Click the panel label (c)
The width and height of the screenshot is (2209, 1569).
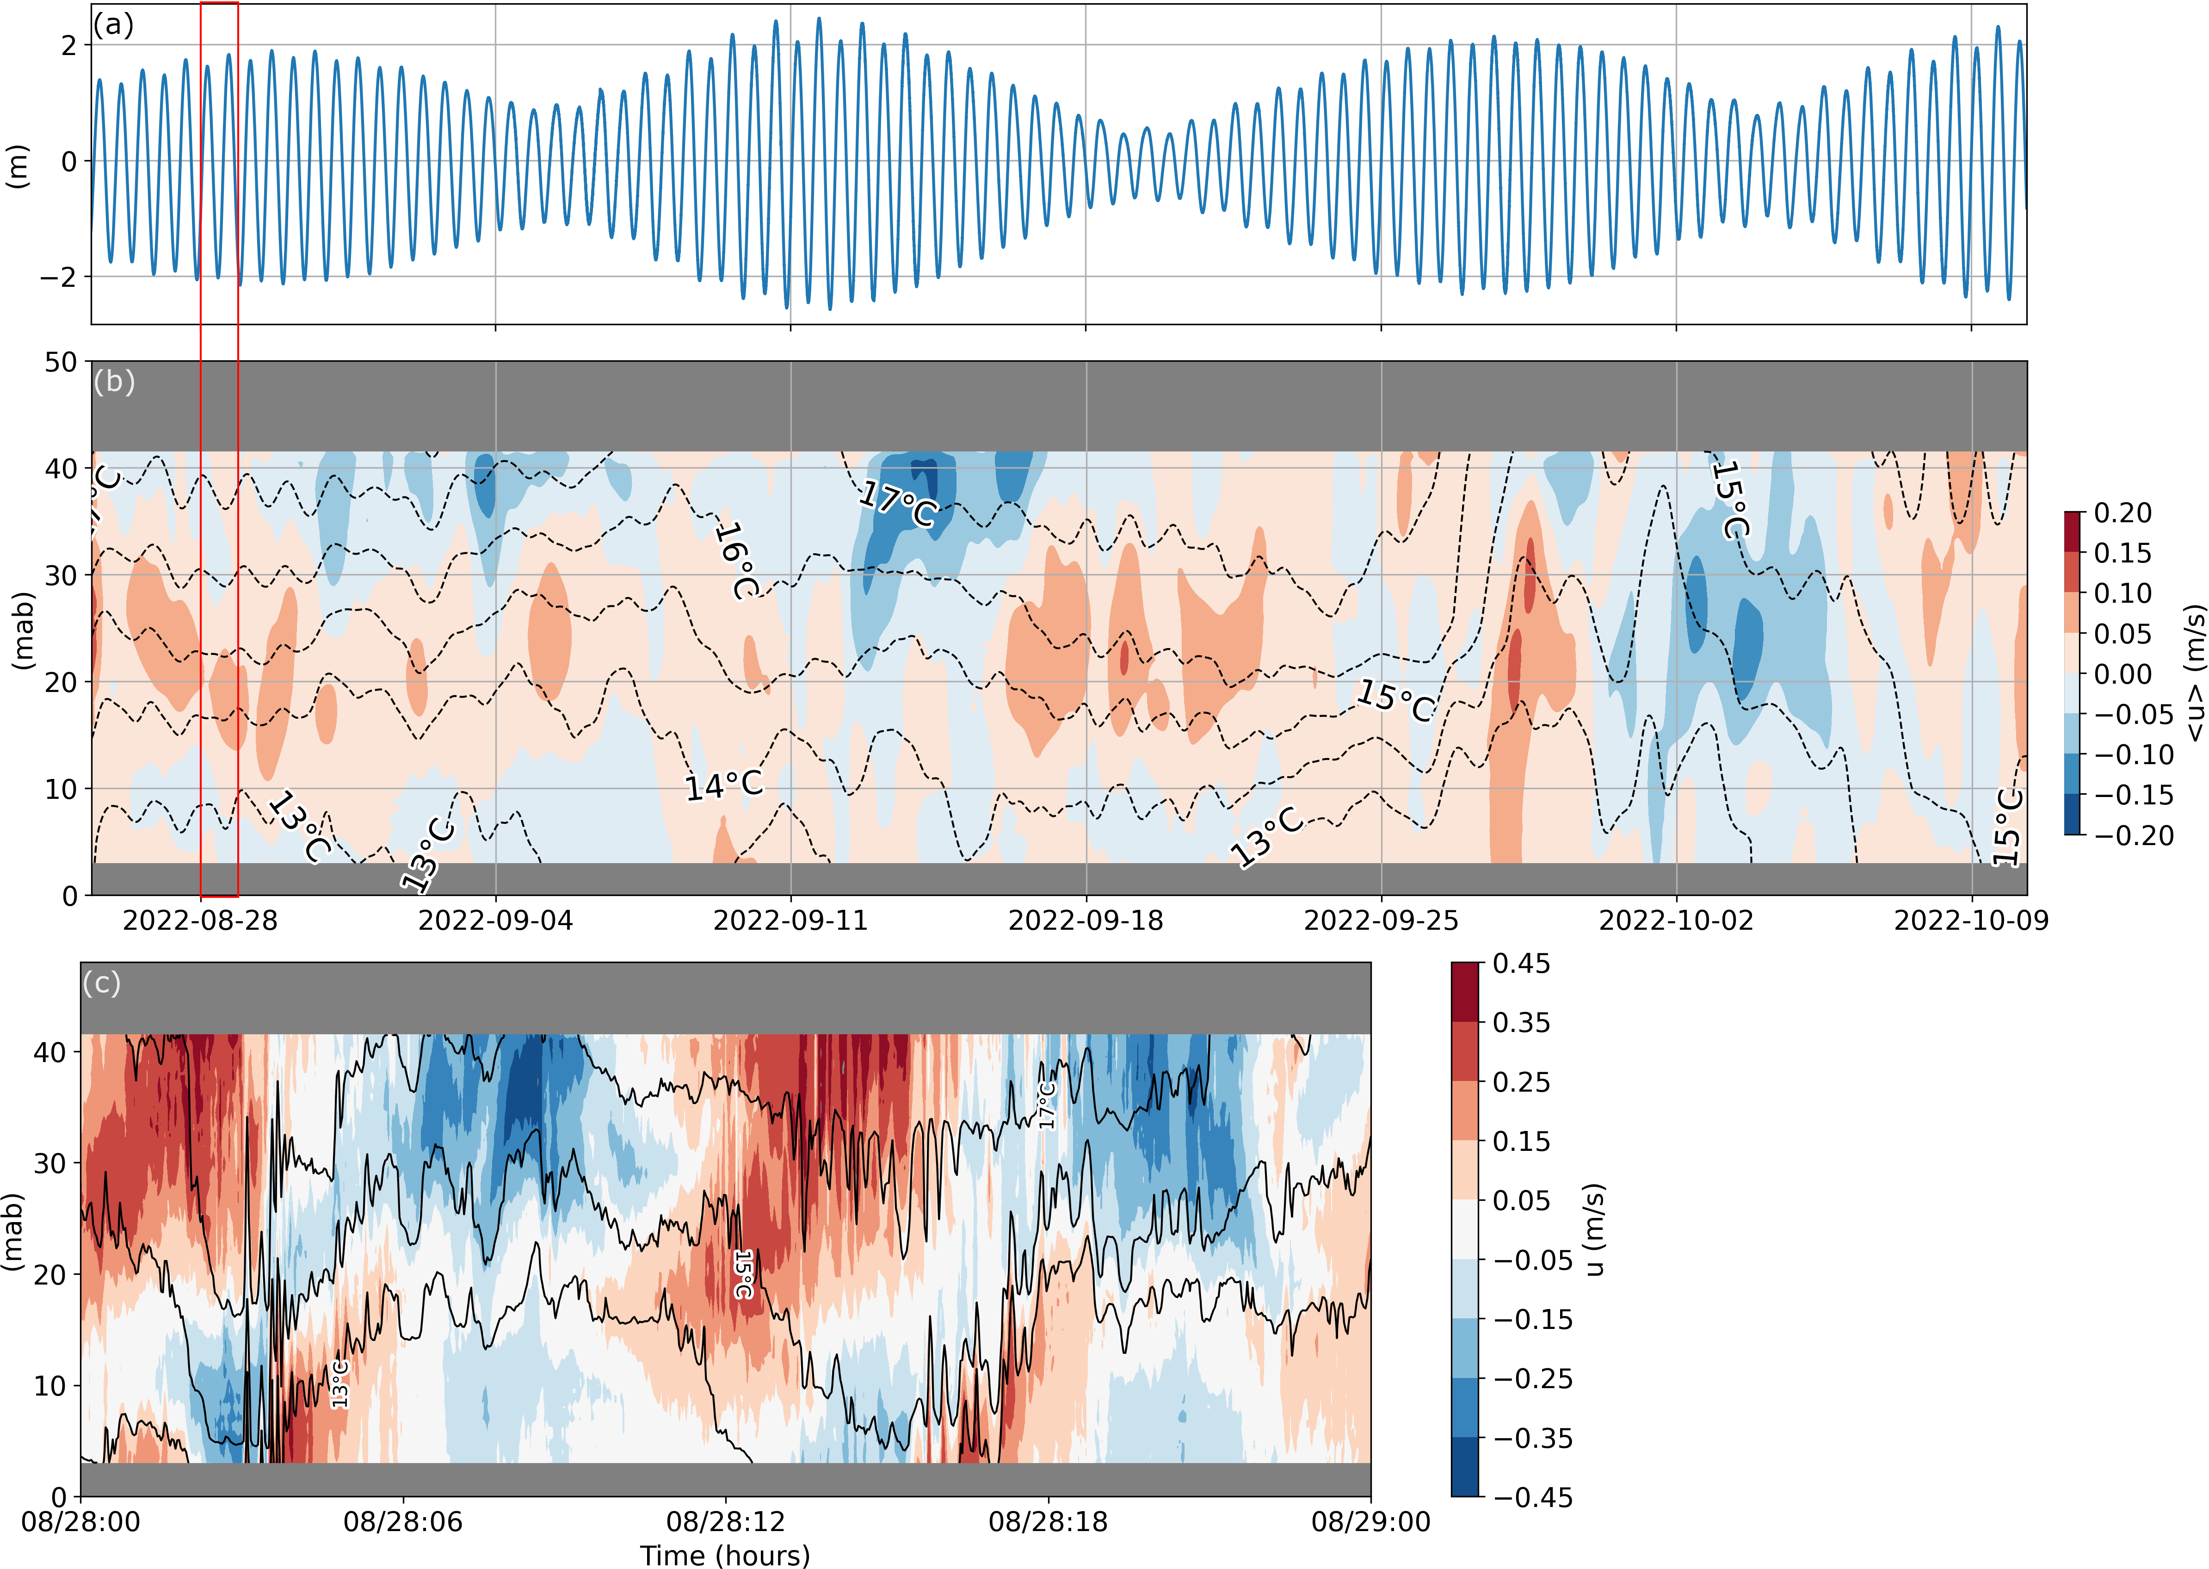click(x=101, y=982)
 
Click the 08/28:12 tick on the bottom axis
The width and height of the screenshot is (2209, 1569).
click(x=725, y=1523)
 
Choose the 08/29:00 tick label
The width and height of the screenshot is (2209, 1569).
click(x=1370, y=1523)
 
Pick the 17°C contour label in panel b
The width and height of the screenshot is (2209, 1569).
click(x=898, y=504)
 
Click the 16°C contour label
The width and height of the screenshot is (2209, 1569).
click(x=736, y=560)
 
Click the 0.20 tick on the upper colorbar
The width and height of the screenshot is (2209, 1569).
click(x=2122, y=513)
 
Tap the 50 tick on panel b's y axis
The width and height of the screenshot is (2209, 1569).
click(x=61, y=362)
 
